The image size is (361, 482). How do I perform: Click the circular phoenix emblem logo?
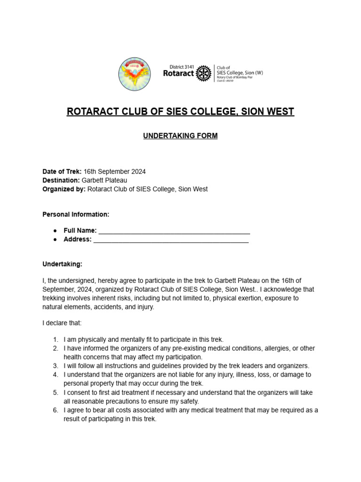coord(134,74)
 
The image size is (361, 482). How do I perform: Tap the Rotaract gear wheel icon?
coord(203,73)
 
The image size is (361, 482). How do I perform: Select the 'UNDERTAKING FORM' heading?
coord(180,136)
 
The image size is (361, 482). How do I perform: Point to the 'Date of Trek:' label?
coord(62,171)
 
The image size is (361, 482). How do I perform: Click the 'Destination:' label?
coord(61,180)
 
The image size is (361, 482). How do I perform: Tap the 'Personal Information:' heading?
coord(76,214)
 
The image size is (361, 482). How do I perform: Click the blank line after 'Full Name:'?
coord(174,231)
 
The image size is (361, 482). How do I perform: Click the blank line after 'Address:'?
coord(171,240)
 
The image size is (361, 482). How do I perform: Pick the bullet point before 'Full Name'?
coord(55,231)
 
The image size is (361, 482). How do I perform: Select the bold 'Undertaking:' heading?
coord(62,264)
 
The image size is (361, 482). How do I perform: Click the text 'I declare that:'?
coord(62,323)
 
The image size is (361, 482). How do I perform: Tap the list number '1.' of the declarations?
coord(55,339)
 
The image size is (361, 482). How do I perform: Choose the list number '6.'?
coord(55,410)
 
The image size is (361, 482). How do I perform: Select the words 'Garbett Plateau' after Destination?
coord(104,180)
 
